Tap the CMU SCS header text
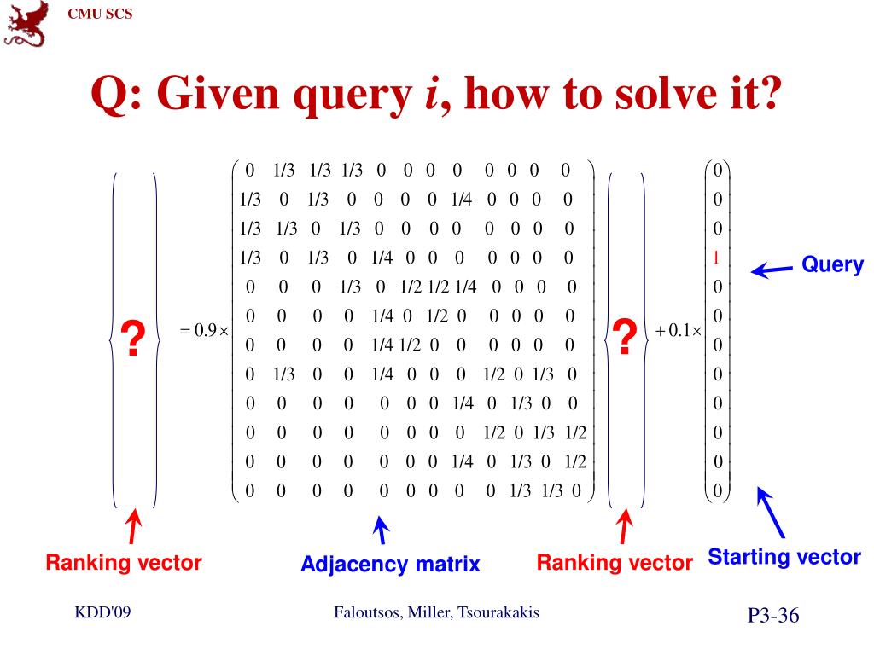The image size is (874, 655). (100, 13)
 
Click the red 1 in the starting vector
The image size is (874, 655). (717, 258)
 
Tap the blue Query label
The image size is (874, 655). (832, 264)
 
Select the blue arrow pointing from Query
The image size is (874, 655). (771, 271)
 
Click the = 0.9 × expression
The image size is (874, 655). (205, 331)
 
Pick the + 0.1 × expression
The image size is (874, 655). (679, 331)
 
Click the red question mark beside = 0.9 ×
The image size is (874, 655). (133, 339)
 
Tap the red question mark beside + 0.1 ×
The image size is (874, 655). (625, 338)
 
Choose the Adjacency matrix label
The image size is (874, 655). (390, 564)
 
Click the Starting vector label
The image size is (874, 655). (784, 558)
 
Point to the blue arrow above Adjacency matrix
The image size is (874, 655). (382, 530)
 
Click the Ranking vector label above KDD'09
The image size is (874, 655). (124, 563)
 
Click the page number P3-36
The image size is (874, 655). (773, 616)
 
